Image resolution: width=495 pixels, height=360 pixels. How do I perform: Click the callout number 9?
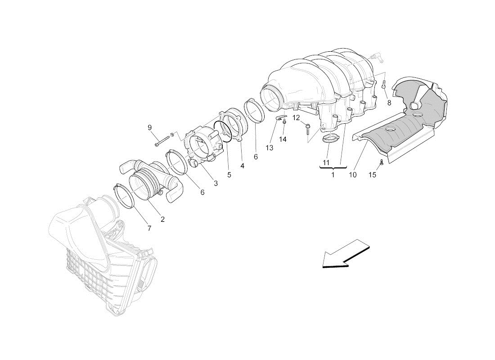click(150, 128)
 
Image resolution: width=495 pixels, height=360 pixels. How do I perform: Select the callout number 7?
click(149, 228)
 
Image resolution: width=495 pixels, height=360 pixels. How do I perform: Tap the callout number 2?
click(162, 219)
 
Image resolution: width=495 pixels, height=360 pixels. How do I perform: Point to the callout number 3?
click(216, 183)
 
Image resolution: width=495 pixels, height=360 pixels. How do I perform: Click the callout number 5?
click(229, 175)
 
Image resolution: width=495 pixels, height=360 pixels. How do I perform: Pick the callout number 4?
click(242, 166)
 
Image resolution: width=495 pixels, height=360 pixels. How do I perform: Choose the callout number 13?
click(269, 148)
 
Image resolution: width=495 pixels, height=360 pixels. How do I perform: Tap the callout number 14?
click(283, 139)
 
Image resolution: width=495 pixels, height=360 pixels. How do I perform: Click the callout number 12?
click(296, 118)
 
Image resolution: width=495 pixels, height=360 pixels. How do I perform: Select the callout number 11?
click(326, 162)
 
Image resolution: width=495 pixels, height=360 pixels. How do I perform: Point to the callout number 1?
click(333, 175)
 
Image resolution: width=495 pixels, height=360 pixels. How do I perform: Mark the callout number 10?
click(353, 175)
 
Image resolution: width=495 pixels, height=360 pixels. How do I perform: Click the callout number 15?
click(373, 175)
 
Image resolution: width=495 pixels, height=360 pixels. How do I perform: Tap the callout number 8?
click(389, 103)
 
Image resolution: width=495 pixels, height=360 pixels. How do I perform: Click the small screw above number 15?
click(381, 162)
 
